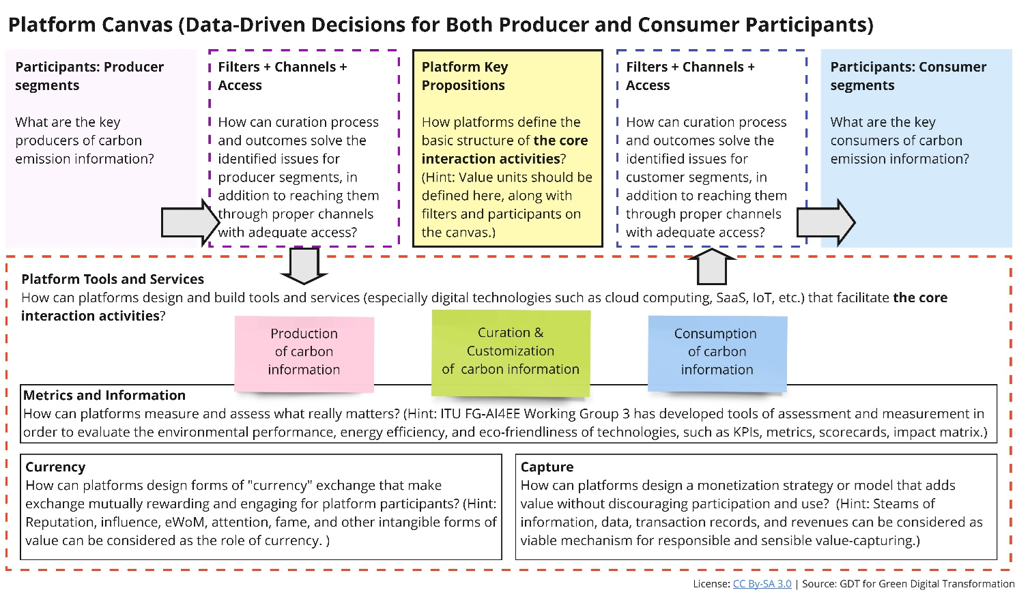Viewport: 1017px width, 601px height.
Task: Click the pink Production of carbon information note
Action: tap(304, 352)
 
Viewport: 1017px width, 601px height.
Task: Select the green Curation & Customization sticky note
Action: tap(511, 352)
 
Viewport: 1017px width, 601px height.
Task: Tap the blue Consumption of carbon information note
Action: tap(717, 352)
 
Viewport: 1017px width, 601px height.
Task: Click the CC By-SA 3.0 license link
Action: tap(762, 584)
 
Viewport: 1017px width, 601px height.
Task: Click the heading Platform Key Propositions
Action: tap(463, 76)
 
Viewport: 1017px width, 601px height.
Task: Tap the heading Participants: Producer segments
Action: tap(89, 76)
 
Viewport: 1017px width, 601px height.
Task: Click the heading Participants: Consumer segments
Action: tap(908, 76)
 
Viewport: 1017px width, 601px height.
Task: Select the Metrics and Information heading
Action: tap(104, 395)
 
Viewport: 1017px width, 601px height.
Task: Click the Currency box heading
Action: tap(55, 467)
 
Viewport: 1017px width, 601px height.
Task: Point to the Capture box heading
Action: tap(547, 467)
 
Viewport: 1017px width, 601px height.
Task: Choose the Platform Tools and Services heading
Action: tap(113, 279)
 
